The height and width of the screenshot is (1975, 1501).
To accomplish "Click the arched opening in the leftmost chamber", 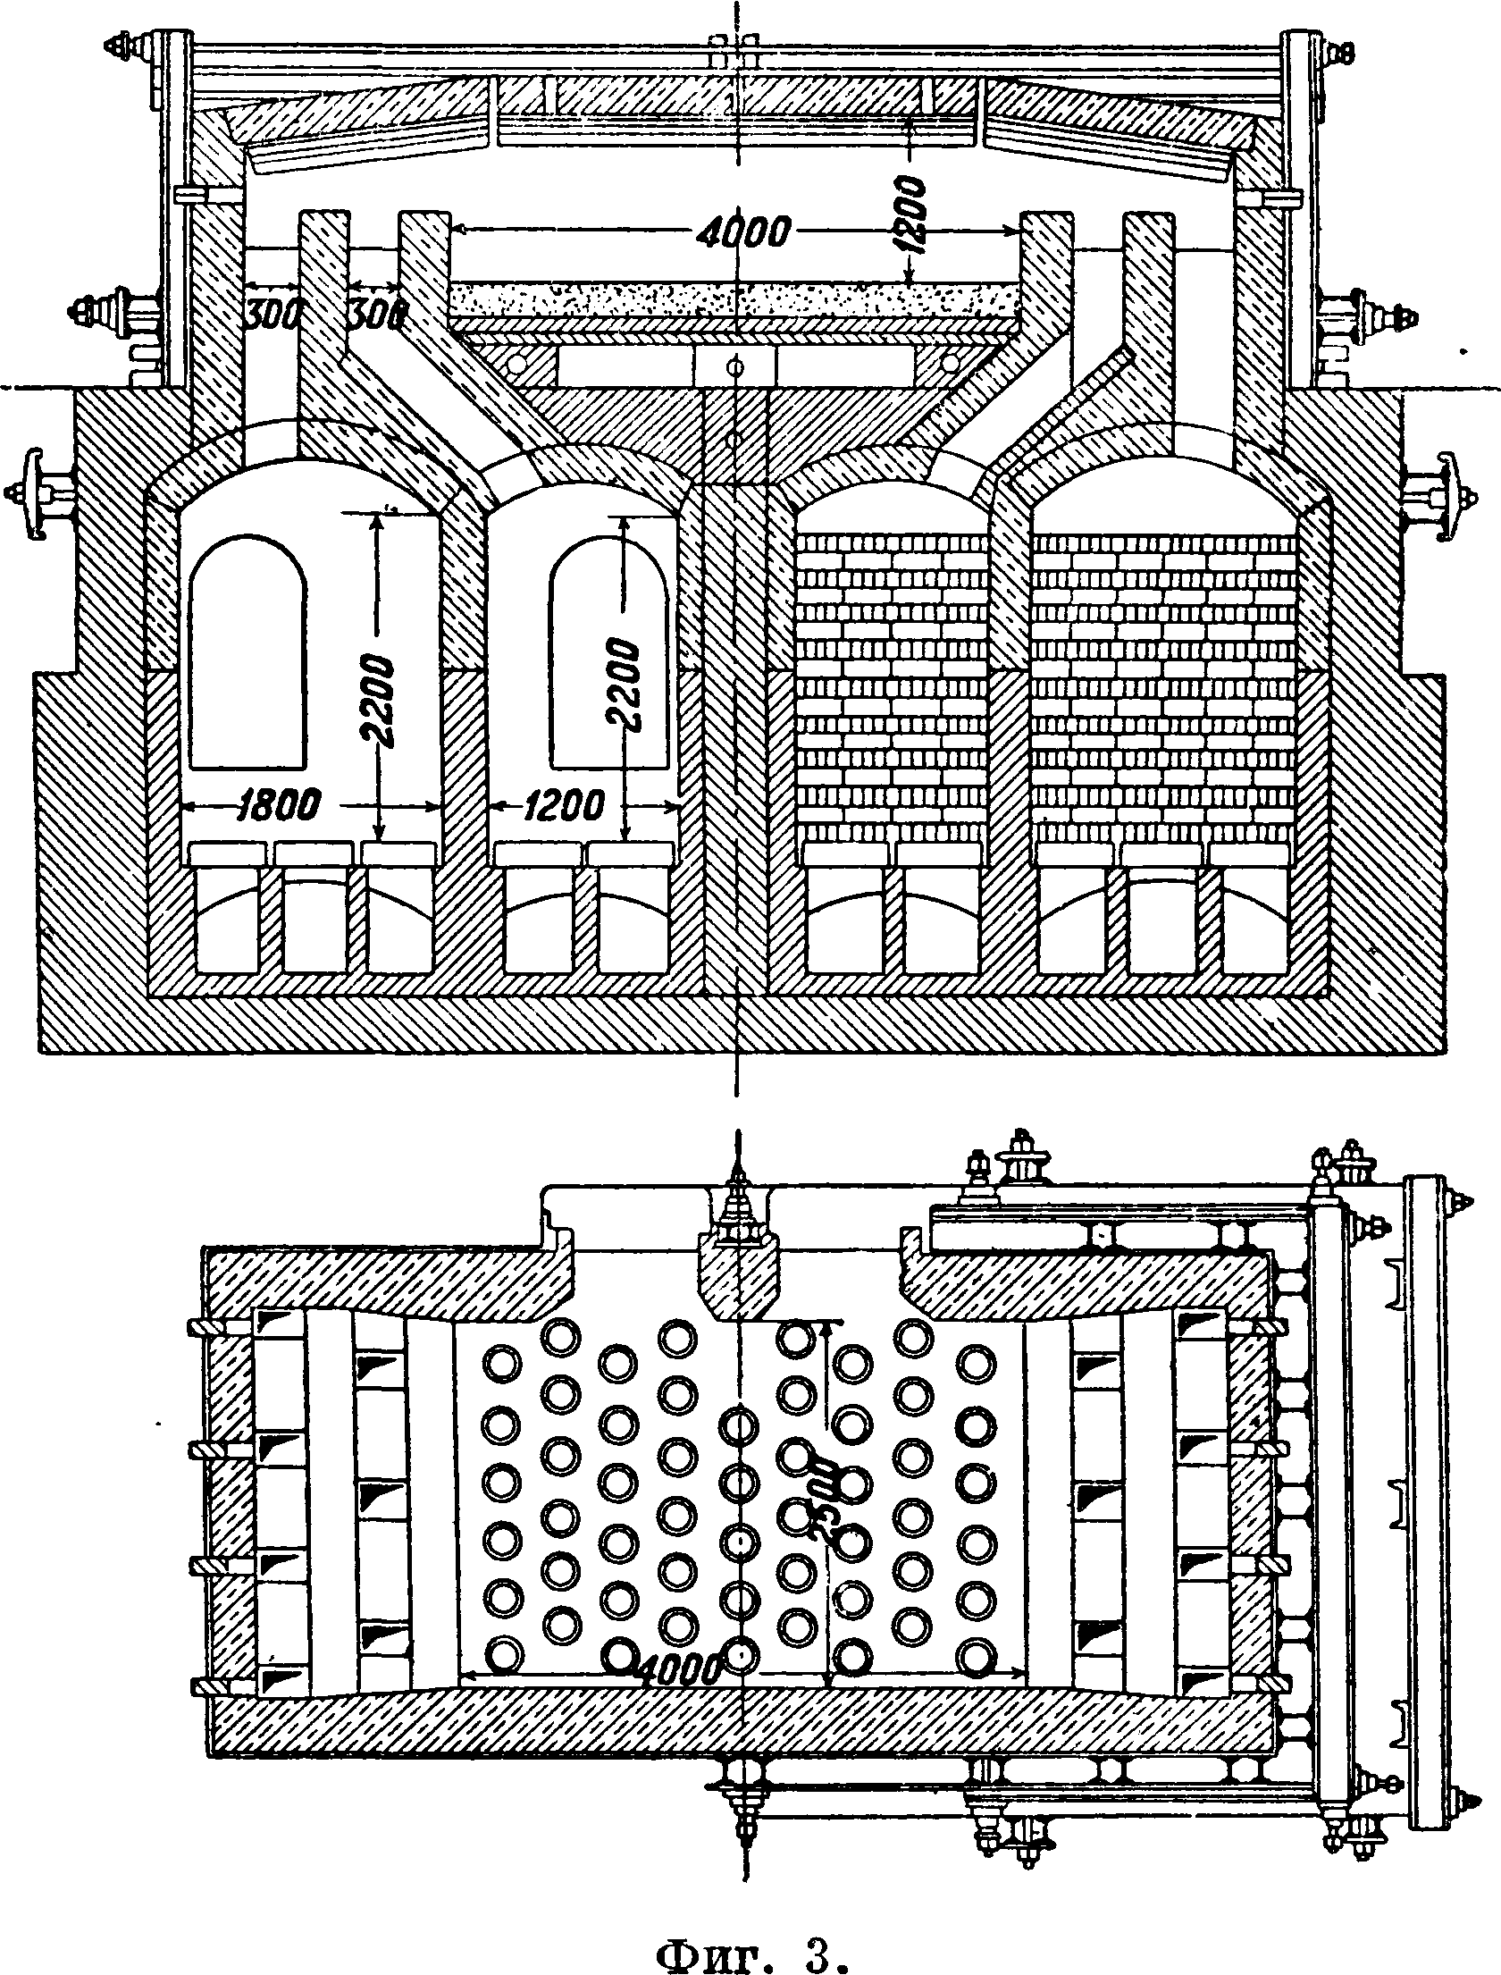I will tap(248, 652).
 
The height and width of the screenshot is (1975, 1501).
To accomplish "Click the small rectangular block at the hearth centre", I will tap(735, 366).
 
